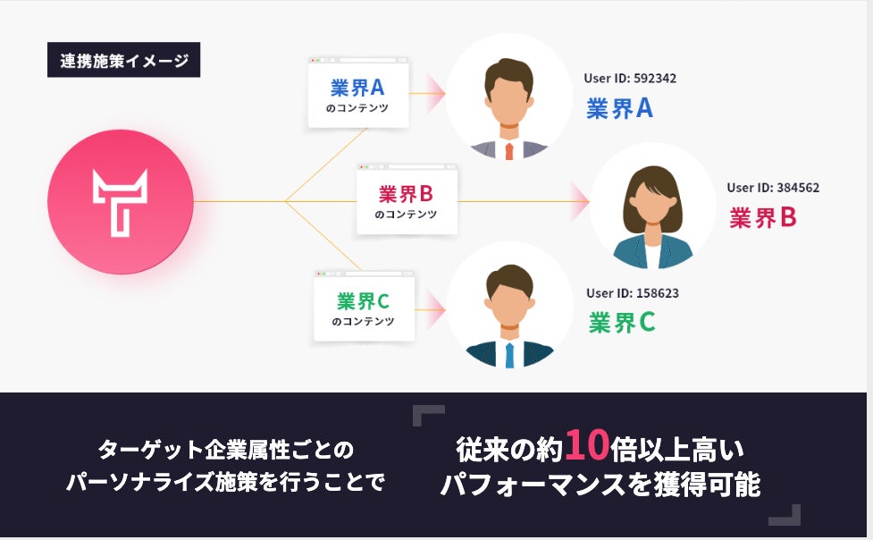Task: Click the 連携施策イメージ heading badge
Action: pos(123,62)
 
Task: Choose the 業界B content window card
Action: pos(406,201)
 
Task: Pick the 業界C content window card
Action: pos(364,308)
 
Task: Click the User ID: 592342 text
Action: pos(629,79)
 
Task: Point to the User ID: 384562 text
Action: pos(772,188)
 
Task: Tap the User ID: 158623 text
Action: pos(633,293)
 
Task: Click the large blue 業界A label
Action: pos(619,109)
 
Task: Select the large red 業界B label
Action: pos(762,217)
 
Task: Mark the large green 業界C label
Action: pos(622,323)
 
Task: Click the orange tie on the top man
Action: pos(509,150)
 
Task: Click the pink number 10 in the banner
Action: pos(587,443)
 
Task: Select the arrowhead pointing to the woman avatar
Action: pos(580,202)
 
